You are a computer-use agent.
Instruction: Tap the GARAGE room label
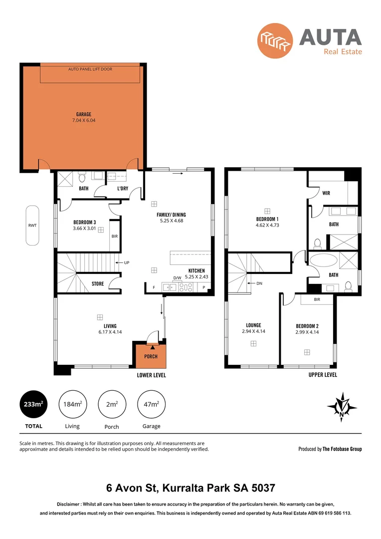(x=83, y=114)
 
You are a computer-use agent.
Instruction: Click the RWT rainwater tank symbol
(x=32, y=225)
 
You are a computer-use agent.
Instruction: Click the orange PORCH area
(x=151, y=356)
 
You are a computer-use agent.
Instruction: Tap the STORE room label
(x=98, y=283)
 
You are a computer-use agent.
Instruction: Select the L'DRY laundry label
(x=123, y=188)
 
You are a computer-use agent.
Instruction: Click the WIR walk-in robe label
(x=326, y=193)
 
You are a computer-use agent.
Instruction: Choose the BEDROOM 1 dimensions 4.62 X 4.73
(x=267, y=226)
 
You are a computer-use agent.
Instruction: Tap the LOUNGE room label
(x=253, y=325)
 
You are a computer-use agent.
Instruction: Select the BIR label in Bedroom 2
(x=317, y=299)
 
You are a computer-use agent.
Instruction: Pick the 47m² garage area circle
(x=151, y=404)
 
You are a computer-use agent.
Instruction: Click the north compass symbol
(x=342, y=406)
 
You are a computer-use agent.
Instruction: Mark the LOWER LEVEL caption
(x=151, y=375)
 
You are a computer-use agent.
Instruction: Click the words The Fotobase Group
(x=342, y=449)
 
